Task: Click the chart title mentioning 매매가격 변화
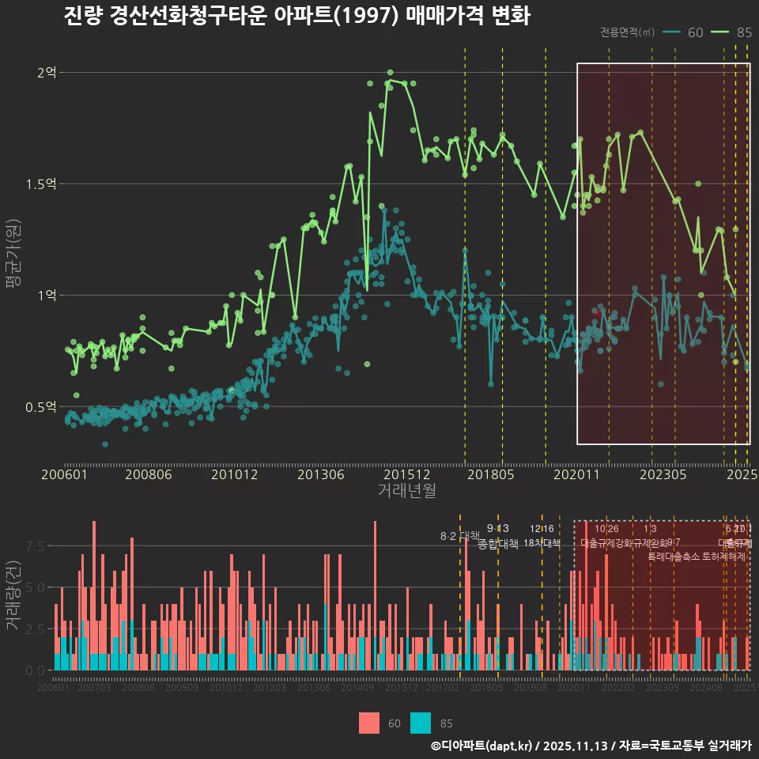click(x=296, y=16)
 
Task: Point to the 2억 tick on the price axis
click(x=47, y=73)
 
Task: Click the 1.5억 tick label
click(x=42, y=184)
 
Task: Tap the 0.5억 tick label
click(x=42, y=407)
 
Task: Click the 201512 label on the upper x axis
click(x=406, y=474)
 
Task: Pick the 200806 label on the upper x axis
click(x=149, y=474)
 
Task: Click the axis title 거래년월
click(x=406, y=491)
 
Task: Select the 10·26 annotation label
click(x=606, y=529)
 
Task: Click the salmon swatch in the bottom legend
click(x=368, y=723)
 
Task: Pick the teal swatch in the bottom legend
click(x=421, y=723)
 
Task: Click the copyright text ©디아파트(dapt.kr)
click(x=482, y=746)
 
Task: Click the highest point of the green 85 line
click(x=390, y=73)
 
